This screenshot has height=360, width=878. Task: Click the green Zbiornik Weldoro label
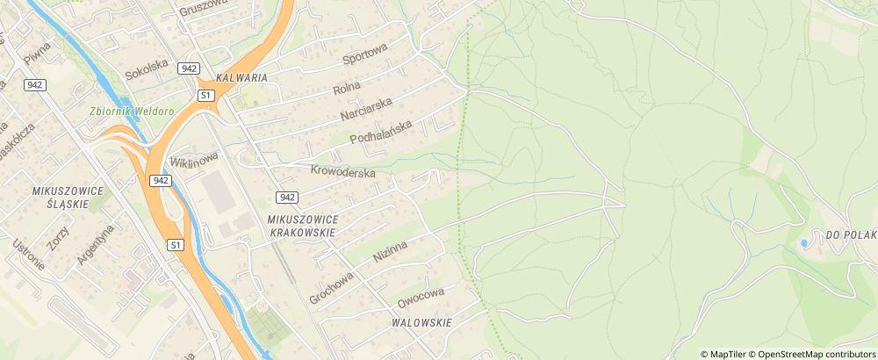(x=132, y=112)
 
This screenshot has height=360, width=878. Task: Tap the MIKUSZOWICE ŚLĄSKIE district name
(x=68, y=198)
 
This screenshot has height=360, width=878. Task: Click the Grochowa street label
(x=331, y=286)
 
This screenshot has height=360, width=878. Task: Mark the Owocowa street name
(x=421, y=297)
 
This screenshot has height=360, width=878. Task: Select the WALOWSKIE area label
(x=421, y=323)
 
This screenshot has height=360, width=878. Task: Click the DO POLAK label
(x=851, y=234)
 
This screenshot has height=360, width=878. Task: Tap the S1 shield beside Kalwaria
(x=205, y=94)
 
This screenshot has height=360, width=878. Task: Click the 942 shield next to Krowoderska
(x=288, y=197)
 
